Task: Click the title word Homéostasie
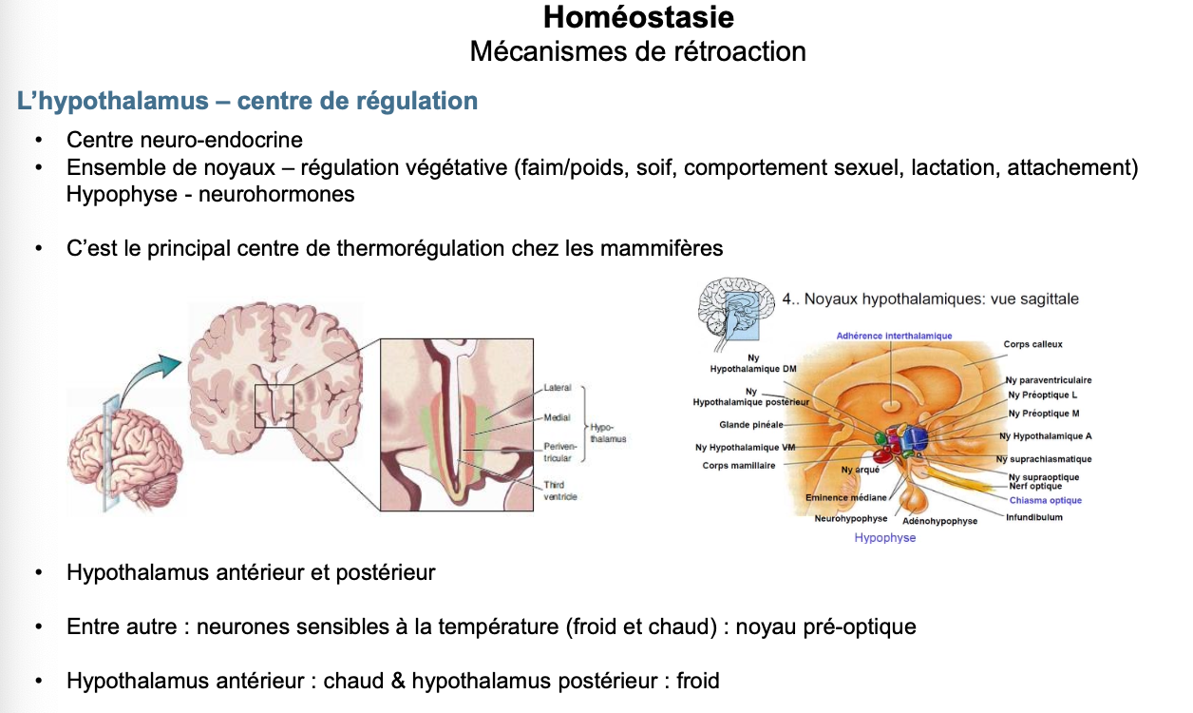click(638, 17)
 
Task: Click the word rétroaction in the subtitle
click(741, 50)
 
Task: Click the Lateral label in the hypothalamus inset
click(558, 388)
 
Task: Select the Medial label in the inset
click(557, 417)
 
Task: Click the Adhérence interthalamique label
click(894, 336)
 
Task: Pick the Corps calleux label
click(1032, 344)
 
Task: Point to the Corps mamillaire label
click(739, 466)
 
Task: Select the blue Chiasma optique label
click(1045, 500)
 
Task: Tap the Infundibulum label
click(1034, 517)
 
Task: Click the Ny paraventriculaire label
click(1049, 380)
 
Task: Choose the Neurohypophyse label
click(850, 519)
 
